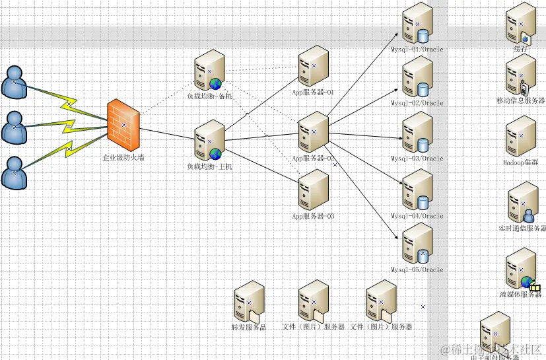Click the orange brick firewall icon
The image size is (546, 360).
coord(123,125)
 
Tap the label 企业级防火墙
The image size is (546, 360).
coord(123,158)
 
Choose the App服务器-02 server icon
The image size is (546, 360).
coord(314,131)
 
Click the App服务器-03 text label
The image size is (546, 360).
coord(314,216)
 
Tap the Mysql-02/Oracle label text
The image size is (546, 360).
coord(417,104)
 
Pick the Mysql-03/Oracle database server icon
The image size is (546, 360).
coord(417,132)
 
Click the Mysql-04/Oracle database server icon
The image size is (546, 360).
coord(417,190)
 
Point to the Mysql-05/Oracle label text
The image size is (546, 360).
coord(417,270)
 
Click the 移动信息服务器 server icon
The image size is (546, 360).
coord(521,75)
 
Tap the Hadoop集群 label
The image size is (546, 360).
coord(521,162)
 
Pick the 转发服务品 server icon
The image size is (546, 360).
coord(249,302)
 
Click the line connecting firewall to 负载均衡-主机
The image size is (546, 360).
coord(168,133)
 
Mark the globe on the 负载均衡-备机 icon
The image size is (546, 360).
coord(215,83)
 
